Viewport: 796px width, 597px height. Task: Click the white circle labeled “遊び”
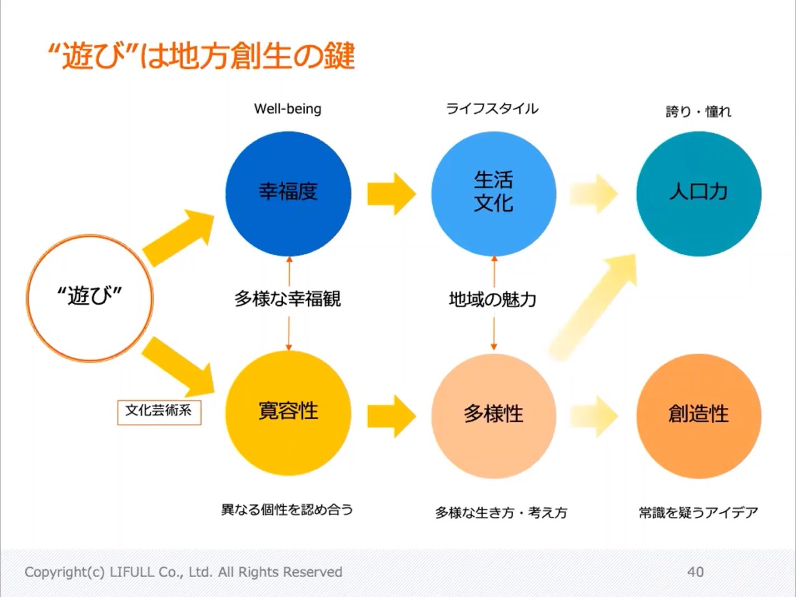[x=90, y=297]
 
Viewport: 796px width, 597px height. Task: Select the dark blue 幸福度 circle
[x=288, y=193]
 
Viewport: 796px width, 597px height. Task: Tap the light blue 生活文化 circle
[x=494, y=193]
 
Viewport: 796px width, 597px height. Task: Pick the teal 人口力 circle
[x=698, y=193]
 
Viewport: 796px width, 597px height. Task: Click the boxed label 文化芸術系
[x=159, y=411]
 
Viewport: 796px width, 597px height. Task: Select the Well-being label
[x=288, y=109]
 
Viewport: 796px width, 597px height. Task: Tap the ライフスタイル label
[x=492, y=109]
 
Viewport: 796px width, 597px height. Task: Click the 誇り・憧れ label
[x=698, y=111]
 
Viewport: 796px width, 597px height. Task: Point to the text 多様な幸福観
[x=287, y=299]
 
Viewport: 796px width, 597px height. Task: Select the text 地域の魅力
[x=493, y=300]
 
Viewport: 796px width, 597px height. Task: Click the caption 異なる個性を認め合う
[x=287, y=510]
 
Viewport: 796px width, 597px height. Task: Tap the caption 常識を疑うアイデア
[x=698, y=512]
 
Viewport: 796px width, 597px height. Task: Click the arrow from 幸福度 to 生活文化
[x=391, y=193]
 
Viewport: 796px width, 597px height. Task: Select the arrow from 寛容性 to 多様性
[x=391, y=415]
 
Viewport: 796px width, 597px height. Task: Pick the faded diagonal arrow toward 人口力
[x=594, y=305]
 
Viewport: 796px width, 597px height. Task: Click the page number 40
[x=695, y=572]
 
